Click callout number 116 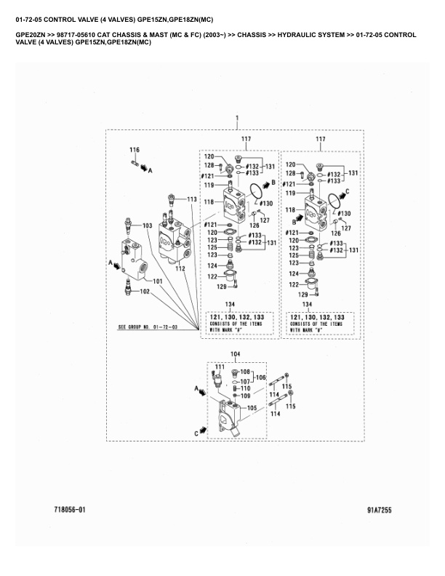[x=134, y=150]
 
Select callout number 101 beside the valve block [x=158, y=281]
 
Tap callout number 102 [x=145, y=292]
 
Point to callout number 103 [x=148, y=226]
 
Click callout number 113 [x=191, y=199]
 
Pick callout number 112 [x=180, y=269]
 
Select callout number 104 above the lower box [x=235, y=353]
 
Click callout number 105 [x=253, y=408]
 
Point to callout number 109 [x=246, y=396]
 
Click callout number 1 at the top [x=236, y=118]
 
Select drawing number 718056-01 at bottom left [x=70, y=510]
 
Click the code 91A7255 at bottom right [x=380, y=510]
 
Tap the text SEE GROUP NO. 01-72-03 [x=148, y=327]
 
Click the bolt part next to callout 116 [x=136, y=162]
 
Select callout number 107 [x=245, y=381]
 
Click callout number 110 [x=246, y=388]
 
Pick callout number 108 [x=245, y=372]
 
